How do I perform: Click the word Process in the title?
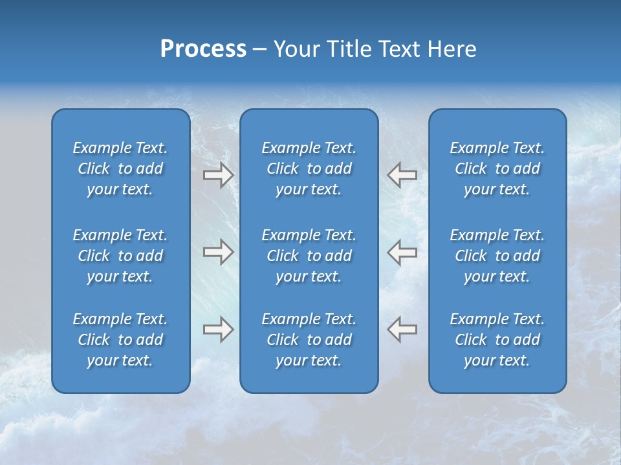pos(203,49)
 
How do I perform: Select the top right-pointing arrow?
pos(218,174)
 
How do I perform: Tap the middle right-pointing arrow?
pos(218,252)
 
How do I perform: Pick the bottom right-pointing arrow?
pos(218,329)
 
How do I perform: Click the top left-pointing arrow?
pos(402,174)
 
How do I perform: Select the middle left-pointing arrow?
pos(402,252)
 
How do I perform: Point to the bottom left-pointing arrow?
pos(402,329)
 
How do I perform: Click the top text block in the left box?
pos(120,169)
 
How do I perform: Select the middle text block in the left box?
pos(120,256)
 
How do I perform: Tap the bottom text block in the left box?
pos(120,340)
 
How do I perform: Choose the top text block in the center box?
pos(309,169)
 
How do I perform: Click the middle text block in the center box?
pos(309,256)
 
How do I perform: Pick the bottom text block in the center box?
pos(309,340)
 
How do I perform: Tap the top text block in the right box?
pos(497,169)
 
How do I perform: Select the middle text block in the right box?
pos(497,256)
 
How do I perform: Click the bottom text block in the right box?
pos(497,340)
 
